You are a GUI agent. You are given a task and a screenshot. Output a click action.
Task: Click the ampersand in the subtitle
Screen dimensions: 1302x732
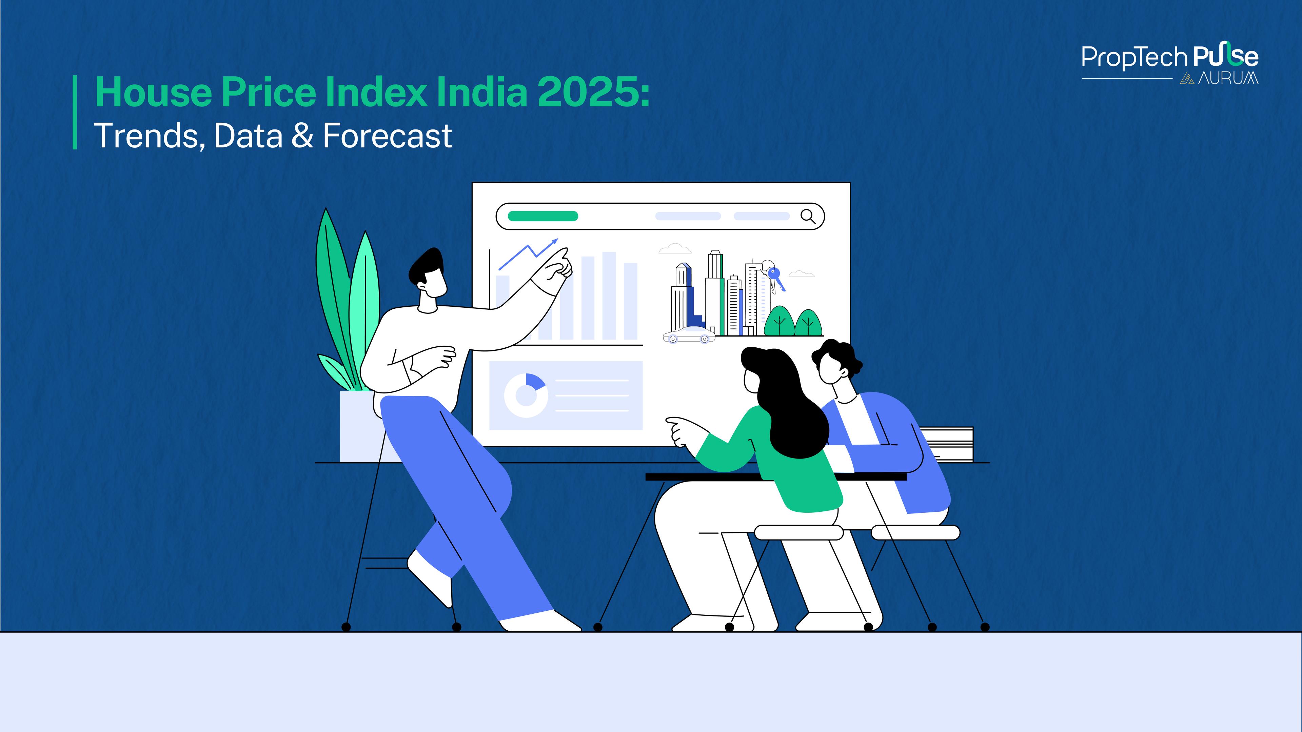point(302,136)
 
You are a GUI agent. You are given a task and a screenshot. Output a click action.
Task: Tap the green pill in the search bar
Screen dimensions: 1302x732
point(542,216)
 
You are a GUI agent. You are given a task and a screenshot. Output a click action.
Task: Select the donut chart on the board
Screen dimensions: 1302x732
point(526,395)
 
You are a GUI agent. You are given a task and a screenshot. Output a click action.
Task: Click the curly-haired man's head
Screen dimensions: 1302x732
point(836,362)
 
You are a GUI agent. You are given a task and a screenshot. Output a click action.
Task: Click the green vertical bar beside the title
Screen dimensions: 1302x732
point(75,112)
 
